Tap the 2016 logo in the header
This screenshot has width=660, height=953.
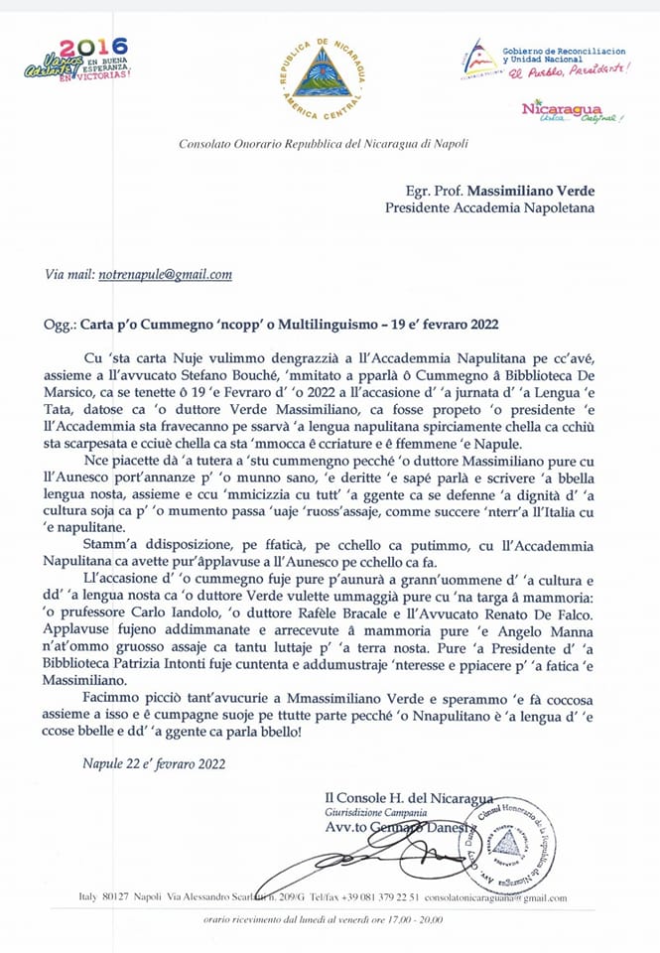coord(78,60)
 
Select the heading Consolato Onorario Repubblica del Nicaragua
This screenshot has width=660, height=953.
coord(324,144)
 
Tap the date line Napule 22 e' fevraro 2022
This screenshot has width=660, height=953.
coord(154,762)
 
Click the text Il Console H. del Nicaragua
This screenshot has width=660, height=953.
coord(408,798)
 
